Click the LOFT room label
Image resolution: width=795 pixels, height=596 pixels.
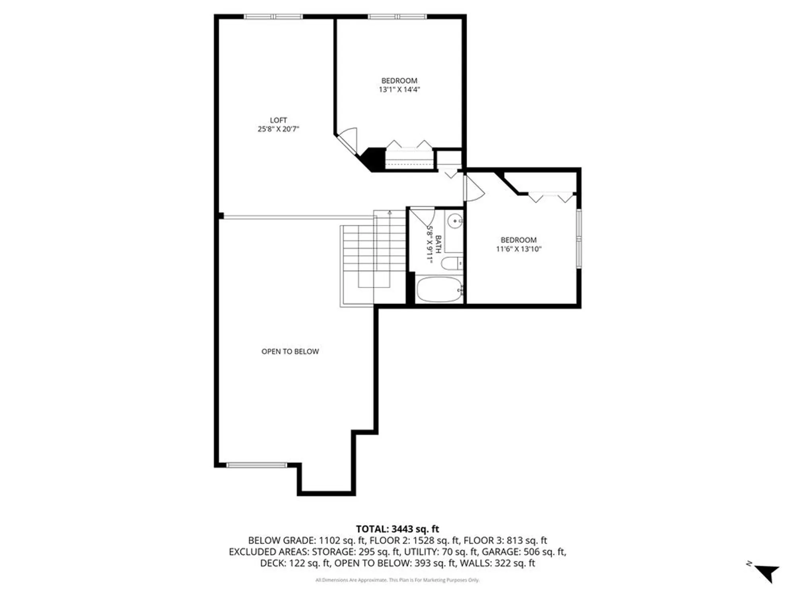278,120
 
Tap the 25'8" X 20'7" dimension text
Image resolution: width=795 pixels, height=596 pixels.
278,129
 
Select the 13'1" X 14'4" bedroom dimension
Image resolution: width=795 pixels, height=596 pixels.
399,90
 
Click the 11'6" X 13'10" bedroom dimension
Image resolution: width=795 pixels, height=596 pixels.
518,249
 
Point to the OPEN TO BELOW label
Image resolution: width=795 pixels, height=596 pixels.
290,351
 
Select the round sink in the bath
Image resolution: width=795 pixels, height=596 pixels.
455,221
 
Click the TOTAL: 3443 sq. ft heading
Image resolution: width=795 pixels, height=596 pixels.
397,529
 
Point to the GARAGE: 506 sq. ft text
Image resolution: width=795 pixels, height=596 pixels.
524,551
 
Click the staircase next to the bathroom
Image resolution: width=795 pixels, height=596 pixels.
374,258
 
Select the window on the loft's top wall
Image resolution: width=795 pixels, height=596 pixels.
273,17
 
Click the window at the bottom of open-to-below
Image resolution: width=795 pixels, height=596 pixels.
256,465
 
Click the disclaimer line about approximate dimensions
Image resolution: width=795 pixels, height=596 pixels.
397,580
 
